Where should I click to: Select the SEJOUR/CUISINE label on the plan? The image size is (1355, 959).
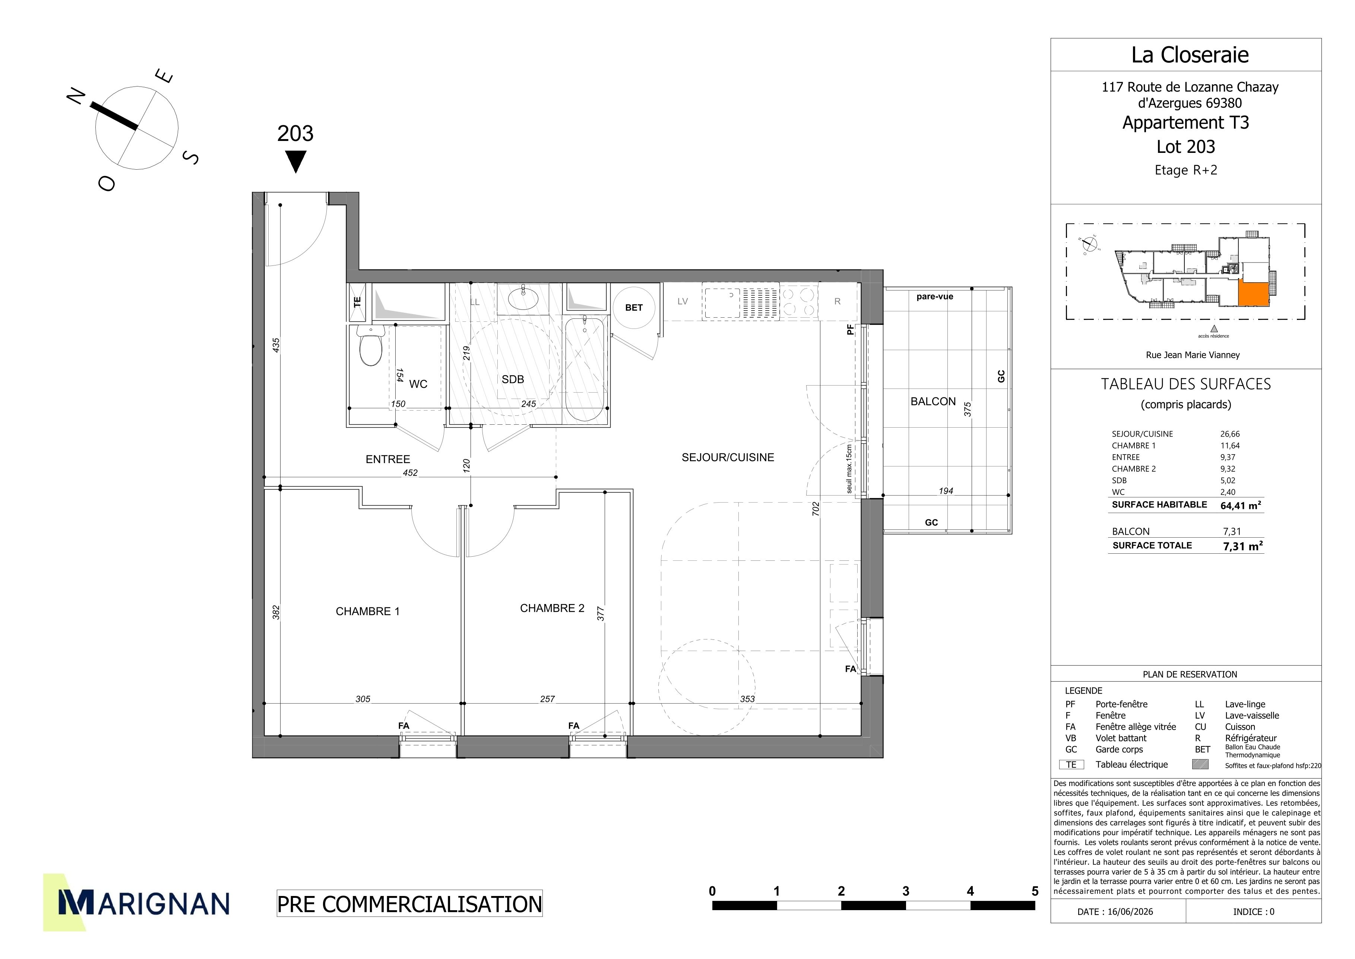[x=728, y=457]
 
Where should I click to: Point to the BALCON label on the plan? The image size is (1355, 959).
[x=933, y=402]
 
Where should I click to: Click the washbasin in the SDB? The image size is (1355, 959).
[x=523, y=298]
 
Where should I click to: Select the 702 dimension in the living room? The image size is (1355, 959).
[x=816, y=509]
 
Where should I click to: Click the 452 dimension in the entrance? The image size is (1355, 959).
[x=410, y=472]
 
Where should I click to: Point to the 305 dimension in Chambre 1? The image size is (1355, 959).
[x=363, y=699]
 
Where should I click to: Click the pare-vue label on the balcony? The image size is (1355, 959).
[x=935, y=296]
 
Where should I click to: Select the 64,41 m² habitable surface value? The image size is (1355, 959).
[x=1241, y=505]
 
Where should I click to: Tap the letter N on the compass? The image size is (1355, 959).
[x=76, y=96]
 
